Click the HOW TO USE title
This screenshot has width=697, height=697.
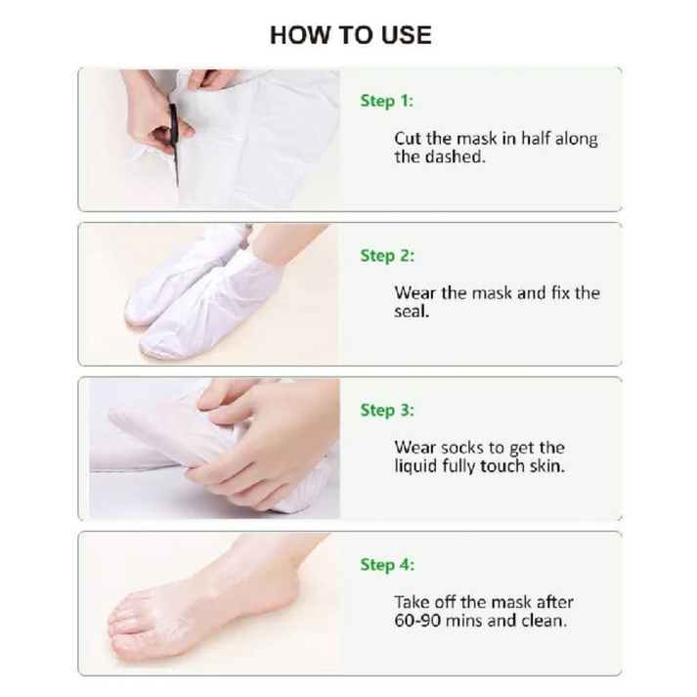click(351, 35)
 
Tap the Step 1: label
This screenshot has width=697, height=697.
click(387, 101)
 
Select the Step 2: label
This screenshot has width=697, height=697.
click(387, 255)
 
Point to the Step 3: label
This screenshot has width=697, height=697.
click(387, 411)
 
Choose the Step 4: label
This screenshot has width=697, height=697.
click(387, 565)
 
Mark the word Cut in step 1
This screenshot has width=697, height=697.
click(408, 139)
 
